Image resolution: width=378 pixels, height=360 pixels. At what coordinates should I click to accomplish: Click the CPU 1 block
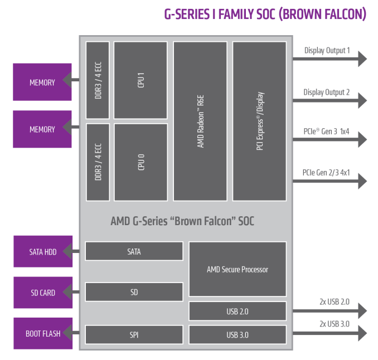(140, 80)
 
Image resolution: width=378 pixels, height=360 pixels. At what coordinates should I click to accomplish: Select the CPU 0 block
(140, 162)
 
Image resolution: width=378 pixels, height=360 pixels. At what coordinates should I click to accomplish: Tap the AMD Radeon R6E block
(201, 121)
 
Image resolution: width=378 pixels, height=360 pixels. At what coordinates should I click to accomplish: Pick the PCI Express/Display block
(259, 121)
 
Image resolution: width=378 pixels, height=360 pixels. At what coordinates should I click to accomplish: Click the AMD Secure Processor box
(238, 270)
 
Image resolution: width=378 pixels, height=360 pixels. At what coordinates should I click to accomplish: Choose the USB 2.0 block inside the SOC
(238, 311)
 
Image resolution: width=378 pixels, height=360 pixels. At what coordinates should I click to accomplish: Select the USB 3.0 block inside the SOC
(238, 335)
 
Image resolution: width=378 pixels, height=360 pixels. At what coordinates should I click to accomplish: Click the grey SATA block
(134, 251)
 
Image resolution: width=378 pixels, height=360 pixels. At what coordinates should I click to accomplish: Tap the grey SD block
(134, 292)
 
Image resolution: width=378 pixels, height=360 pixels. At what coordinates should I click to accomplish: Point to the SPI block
(134, 335)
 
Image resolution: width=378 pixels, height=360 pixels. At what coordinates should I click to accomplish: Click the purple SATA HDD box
(43, 252)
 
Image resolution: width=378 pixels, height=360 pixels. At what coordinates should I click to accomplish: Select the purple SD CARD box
(43, 293)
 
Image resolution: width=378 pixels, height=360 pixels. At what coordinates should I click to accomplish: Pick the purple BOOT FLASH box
(43, 334)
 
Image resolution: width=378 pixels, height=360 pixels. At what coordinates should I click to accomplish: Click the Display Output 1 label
(327, 51)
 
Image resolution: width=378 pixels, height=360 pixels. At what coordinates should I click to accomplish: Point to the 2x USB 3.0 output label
(334, 323)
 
